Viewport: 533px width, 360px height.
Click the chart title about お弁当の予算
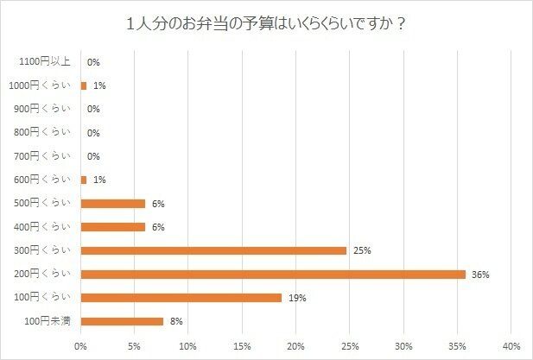pos(267,22)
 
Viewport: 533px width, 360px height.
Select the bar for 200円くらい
pos(273,275)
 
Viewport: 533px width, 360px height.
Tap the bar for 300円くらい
pos(213,250)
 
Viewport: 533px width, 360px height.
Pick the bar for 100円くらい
pos(181,298)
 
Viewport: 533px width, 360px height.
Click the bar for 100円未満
pos(122,321)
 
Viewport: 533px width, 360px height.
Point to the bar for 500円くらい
pos(113,204)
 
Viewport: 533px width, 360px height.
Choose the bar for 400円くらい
pos(113,227)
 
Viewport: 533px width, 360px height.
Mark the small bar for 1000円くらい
pos(84,85)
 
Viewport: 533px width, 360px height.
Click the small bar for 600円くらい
pos(84,180)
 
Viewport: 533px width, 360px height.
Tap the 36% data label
pos(481,275)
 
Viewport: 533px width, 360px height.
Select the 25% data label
pos(362,251)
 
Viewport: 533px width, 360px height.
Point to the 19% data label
pos(298,298)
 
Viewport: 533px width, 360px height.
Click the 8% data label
pos(176,321)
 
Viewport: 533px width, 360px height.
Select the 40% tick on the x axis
pos(511,346)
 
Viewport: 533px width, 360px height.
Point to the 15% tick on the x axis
pos(242,346)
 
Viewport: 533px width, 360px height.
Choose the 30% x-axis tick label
pos(403,346)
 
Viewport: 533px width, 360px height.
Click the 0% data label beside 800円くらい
pos(93,133)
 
